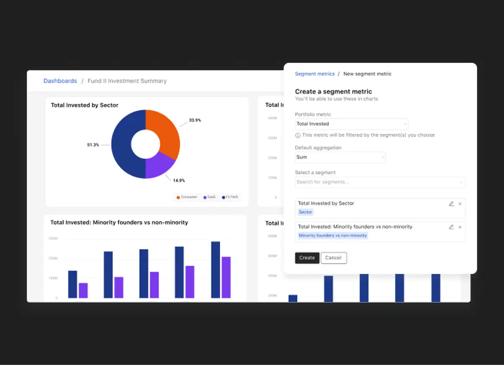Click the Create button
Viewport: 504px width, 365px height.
[x=307, y=258]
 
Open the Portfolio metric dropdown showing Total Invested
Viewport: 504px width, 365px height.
[x=351, y=124]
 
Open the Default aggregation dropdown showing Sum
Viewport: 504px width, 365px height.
[x=340, y=157]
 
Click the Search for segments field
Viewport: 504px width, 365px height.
[x=380, y=182]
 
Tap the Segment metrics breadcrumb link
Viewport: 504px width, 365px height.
[x=315, y=74]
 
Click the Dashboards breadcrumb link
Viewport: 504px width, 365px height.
[x=60, y=81]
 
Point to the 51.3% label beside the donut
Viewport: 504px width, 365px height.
[x=93, y=145]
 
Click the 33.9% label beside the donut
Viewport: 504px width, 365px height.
[x=195, y=120]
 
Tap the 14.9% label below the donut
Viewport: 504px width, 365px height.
[x=179, y=181]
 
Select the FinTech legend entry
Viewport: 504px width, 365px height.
[x=230, y=197]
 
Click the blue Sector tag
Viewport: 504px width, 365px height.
[x=305, y=212]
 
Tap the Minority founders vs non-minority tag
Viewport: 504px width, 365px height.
[x=333, y=236]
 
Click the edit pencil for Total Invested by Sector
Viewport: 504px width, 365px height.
[x=451, y=204]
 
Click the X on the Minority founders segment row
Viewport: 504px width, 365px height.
[x=460, y=227]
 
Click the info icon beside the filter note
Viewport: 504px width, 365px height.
[x=298, y=135]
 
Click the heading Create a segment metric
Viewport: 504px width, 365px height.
[x=333, y=92]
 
